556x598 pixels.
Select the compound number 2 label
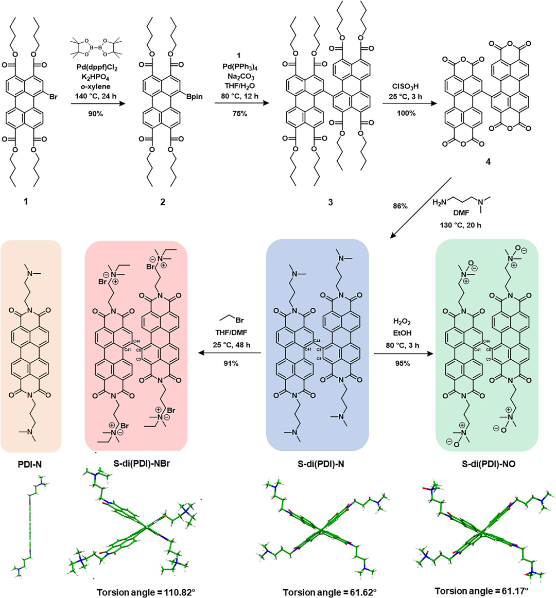163,202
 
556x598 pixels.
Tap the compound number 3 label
330,202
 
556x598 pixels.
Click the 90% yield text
95,113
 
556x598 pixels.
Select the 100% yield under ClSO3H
406,113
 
